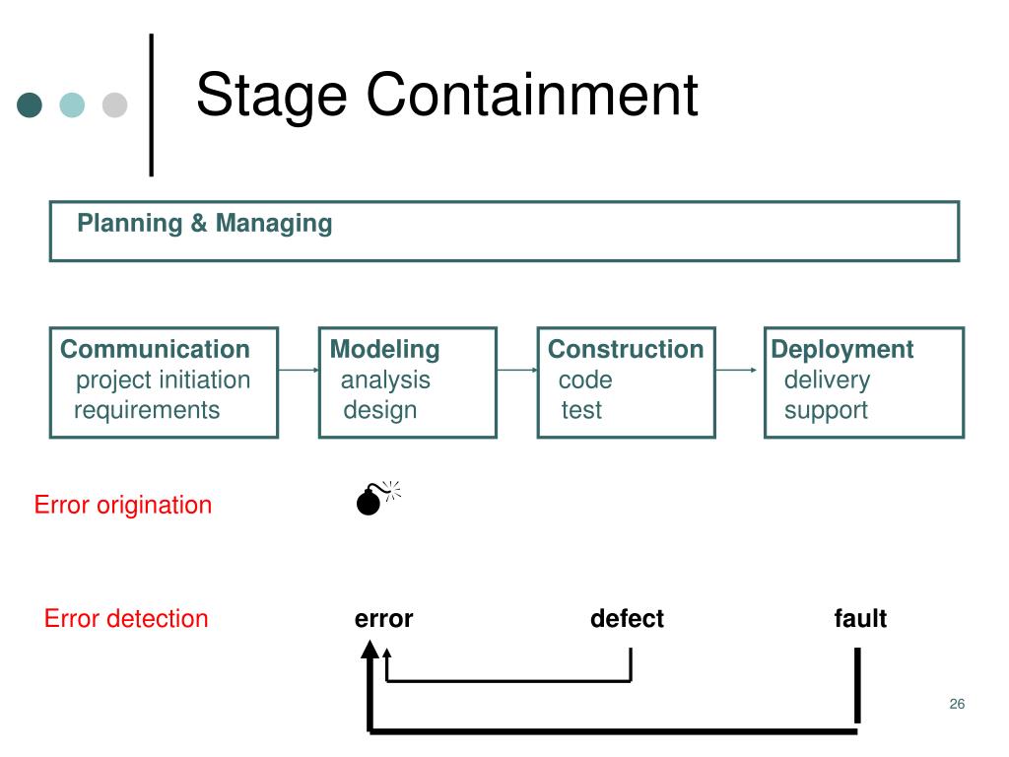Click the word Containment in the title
532,95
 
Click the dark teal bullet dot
30,104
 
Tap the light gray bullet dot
114,104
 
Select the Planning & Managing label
205,224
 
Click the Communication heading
155,349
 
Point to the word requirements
147,410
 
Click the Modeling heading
385,350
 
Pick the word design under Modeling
380,410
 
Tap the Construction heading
626,349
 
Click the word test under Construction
581,410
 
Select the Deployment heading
842,350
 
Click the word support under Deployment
827,411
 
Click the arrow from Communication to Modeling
299,370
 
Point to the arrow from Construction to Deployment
736,370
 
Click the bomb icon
377,498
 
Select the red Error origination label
123,505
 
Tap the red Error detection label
126,619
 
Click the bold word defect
627,619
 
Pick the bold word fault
860,619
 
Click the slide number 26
957,704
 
